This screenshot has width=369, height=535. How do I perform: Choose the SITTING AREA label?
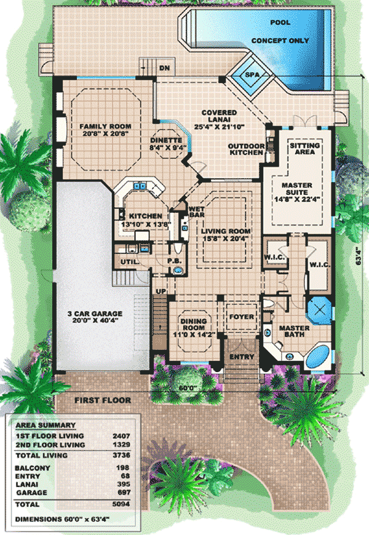click(305, 149)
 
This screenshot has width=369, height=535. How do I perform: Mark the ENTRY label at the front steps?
click(237, 357)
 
